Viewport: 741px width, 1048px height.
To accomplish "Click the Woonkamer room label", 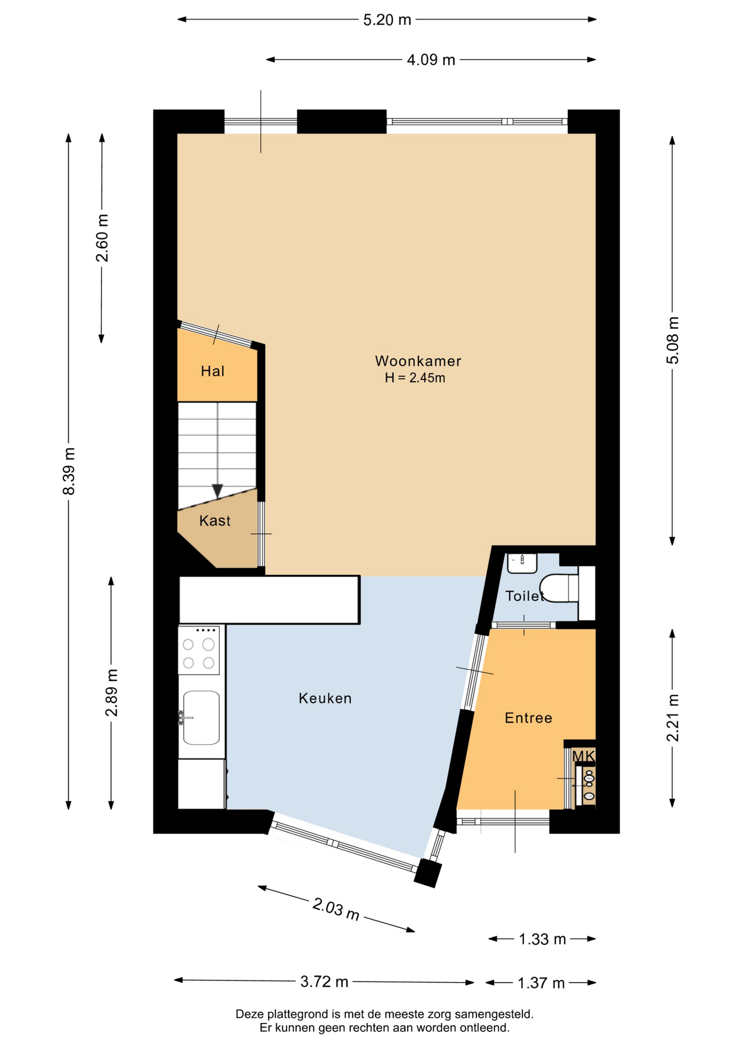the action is click(418, 361).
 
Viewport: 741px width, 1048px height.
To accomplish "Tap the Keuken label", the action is click(325, 698).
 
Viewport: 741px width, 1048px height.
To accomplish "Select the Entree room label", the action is click(528, 718).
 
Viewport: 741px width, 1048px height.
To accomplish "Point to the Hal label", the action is click(212, 371).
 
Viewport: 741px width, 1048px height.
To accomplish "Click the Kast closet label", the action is click(214, 521).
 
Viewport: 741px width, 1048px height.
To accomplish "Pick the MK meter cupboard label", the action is click(583, 756).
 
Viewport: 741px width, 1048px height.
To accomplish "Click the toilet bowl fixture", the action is click(559, 588).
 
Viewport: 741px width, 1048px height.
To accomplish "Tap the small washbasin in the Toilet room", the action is click(522, 563).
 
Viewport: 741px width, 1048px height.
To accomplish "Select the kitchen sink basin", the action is click(201, 717).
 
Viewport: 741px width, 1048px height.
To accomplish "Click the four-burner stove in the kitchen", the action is click(199, 650).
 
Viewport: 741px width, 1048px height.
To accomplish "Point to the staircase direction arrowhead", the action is click(217, 491).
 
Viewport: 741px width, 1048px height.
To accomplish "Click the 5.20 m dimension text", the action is click(387, 20).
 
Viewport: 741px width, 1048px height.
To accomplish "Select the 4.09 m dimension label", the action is click(431, 60).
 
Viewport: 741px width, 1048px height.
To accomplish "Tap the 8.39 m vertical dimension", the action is click(69, 471).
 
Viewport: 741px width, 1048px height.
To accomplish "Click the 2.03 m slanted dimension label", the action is click(336, 909).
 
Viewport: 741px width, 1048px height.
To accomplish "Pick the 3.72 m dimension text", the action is click(324, 982).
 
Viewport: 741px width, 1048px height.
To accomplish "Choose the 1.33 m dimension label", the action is click(542, 939).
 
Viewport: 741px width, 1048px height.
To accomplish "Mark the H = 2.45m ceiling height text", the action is click(415, 378).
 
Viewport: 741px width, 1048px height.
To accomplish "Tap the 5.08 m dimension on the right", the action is click(673, 340).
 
